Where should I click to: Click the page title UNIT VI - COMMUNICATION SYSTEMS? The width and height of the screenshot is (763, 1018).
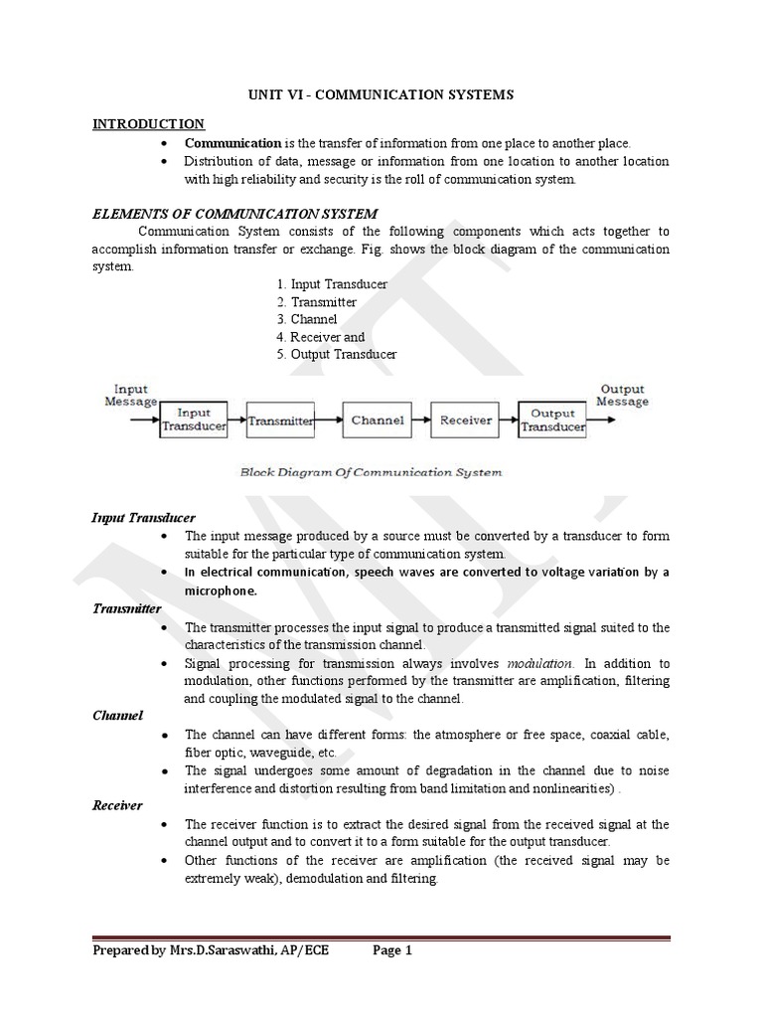[381, 94]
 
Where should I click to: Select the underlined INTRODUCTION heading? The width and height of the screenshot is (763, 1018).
[148, 123]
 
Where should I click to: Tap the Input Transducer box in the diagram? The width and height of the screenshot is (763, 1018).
[194, 420]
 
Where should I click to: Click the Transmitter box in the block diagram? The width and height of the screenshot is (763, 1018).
[280, 421]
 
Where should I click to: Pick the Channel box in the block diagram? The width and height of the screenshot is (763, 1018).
[377, 420]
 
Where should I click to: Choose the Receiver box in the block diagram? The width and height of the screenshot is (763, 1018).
[466, 420]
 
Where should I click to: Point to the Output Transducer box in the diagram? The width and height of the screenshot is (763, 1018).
[552, 420]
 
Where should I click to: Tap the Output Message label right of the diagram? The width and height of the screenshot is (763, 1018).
[623, 395]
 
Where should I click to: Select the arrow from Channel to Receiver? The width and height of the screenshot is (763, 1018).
[420, 421]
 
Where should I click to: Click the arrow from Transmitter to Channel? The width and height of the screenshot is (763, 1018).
[329, 421]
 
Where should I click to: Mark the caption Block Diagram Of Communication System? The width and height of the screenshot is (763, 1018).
[371, 472]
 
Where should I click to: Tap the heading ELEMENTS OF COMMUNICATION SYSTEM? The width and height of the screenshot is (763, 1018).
[234, 213]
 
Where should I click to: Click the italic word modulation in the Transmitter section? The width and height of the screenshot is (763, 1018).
[539, 663]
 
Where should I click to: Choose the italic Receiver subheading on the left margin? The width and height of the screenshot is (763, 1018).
[117, 805]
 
